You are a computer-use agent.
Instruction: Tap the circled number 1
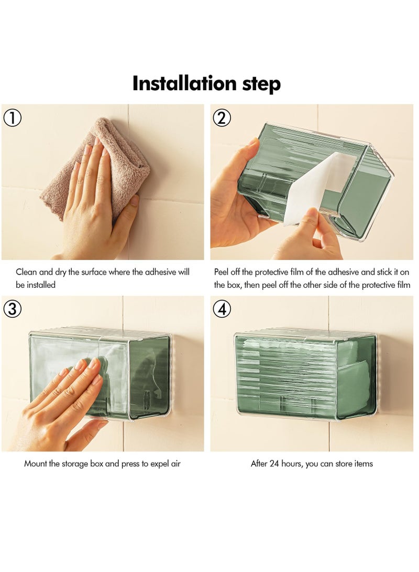(12, 118)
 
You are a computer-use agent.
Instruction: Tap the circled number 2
(222, 118)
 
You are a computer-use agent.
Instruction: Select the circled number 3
(12, 309)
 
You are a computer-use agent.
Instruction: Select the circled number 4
(222, 309)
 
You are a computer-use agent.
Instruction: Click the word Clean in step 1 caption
(26, 272)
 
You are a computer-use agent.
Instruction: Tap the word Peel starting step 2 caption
(222, 272)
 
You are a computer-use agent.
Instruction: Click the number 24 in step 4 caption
(274, 463)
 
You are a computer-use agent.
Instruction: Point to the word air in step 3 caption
(175, 464)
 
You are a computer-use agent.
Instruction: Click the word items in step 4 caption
(363, 463)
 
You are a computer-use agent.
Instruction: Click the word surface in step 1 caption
(94, 272)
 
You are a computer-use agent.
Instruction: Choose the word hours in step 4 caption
(292, 463)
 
